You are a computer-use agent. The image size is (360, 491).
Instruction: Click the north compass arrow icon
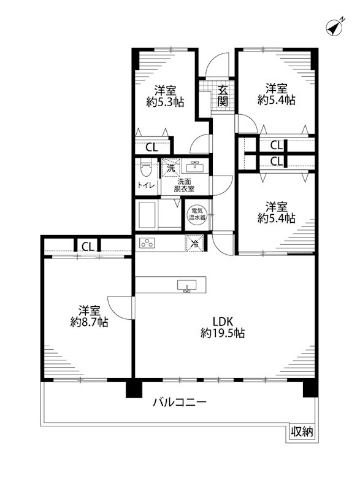point(334,28)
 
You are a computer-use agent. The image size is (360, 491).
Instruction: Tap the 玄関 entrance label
point(222,96)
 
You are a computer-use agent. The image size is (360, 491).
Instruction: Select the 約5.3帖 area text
point(165,101)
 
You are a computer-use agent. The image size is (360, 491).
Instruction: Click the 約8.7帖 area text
point(88,322)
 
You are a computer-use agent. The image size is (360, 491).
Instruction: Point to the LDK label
point(223,320)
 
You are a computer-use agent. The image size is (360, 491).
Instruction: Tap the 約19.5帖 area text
point(223,333)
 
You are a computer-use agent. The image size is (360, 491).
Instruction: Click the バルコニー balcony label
point(180,403)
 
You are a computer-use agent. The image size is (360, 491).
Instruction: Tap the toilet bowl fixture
point(145,168)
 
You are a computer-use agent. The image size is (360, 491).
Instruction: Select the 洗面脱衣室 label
point(185,185)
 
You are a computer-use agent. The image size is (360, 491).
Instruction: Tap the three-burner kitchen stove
point(148,243)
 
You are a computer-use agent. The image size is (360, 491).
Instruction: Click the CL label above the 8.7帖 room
point(88,247)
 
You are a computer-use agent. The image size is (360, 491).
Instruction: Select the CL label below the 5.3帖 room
point(151,147)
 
